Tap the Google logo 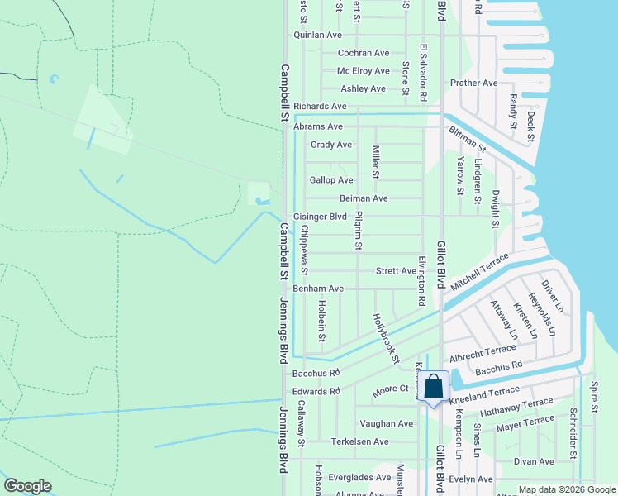[27, 486]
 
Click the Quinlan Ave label [317, 36]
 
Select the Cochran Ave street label [363, 53]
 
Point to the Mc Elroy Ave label [363, 71]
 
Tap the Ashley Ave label [364, 88]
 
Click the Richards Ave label [320, 107]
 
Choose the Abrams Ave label [317, 126]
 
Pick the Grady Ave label [331, 145]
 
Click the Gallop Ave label [331, 180]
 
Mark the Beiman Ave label [364, 198]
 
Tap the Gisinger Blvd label [319, 217]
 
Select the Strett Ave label [396, 270]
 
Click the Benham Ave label [318, 289]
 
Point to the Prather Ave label [473, 83]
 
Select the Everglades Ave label [361, 477]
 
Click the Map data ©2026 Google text [566, 489]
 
